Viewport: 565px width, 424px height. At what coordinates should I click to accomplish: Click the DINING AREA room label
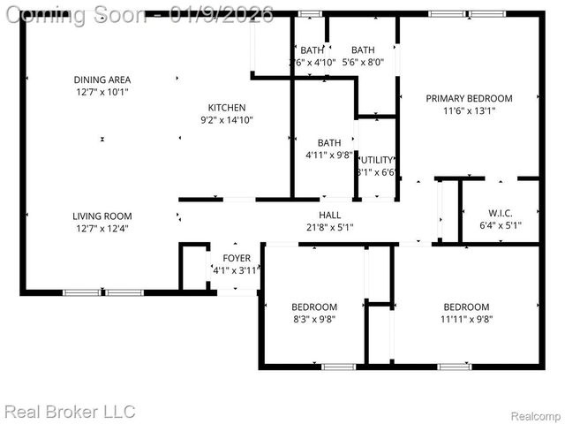pyautogui.click(x=102, y=80)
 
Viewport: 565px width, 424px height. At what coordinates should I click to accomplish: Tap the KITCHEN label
pyautogui.click(x=226, y=108)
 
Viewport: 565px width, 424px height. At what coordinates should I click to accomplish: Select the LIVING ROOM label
pyautogui.click(x=102, y=216)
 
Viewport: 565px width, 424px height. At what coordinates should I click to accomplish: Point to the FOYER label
pyautogui.click(x=236, y=258)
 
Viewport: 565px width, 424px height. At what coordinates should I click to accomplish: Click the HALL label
pyautogui.click(x=329, y=215)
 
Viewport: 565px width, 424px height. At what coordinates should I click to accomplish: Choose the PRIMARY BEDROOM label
pyautogui.click(x=469, y=99)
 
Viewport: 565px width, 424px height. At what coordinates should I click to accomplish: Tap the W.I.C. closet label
pyautogui.click(x=500, y=213)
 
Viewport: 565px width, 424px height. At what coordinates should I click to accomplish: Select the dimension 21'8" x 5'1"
pyautogui.click(x=329, y=227)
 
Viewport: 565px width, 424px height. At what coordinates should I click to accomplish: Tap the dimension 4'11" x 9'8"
pyautogui.click(x=329, y=155)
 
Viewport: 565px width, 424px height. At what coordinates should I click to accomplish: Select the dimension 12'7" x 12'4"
pyautogui.click(x=102, y=228)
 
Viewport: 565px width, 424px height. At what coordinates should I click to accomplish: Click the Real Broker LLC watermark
pyautogui.click(x=70, y=412)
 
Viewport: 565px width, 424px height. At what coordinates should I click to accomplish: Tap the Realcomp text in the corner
pyautogui.click(x=537, y=415)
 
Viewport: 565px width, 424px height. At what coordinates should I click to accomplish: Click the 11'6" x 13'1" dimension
pyautogui.click(x=469, y=111)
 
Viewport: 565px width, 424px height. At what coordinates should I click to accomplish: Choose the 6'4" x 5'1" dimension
pyautogui.click(x=500, y=225)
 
